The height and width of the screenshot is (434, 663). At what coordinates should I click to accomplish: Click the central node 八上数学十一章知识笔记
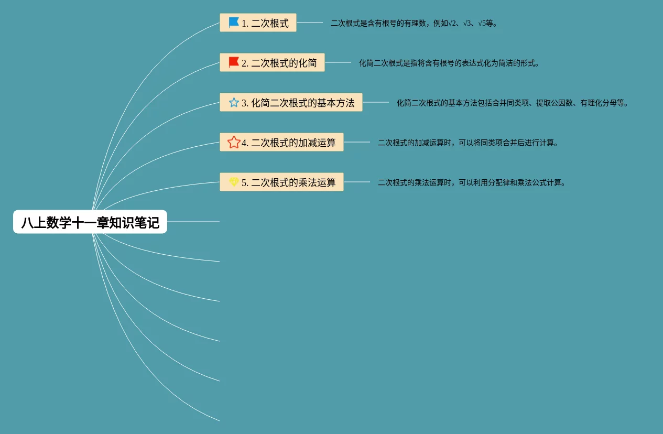point(90,222)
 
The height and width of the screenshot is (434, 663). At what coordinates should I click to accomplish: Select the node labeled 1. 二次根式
point(258,23)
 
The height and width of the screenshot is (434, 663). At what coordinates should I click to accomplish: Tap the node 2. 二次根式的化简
point(272,63)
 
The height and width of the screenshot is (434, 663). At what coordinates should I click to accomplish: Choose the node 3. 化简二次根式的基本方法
point(291,103)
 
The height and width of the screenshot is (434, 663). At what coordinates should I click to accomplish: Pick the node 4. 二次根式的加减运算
point(281,143)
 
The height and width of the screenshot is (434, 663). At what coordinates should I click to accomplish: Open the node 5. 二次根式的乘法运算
point(281,182)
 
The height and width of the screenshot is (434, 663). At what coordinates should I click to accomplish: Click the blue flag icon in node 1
point(234,23)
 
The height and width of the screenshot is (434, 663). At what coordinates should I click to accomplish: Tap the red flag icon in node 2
point(234,62)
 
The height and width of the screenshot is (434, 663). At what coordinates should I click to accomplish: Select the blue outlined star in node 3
point(234,102)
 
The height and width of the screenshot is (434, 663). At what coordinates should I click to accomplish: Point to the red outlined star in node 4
point(234,142)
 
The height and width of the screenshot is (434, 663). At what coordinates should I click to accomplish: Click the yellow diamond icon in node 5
point(234,182)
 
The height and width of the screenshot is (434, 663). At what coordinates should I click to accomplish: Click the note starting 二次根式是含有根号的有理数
point(414,24)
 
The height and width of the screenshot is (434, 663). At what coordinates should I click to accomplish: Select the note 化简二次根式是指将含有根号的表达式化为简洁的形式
point(449,63)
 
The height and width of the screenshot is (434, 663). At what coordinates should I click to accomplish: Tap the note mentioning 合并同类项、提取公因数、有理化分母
point(512,103)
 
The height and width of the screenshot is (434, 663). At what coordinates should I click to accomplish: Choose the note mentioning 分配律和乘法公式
point(472,183)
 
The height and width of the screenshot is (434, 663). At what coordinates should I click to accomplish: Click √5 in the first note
point(482,24)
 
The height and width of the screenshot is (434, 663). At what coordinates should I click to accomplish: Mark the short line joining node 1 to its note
point(310,23)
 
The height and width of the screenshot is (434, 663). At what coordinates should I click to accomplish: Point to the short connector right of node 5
point(357,182)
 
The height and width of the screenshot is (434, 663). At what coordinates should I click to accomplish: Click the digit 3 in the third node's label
point(244,103)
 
